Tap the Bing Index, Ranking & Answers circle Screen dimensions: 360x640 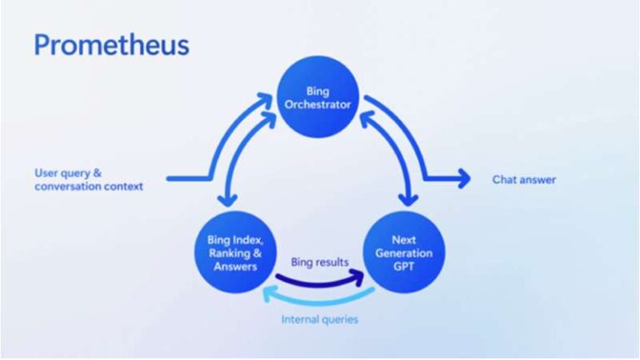(236, 252)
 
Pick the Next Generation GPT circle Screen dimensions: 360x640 (404, 252)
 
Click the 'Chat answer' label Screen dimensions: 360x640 (523, 179)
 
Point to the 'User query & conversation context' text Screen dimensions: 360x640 (88, 180)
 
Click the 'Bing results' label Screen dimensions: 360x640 (319, 262)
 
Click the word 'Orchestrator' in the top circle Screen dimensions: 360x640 (318, 105)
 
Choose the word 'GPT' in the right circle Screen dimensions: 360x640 (404, 266)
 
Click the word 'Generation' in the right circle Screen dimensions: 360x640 (404, 253)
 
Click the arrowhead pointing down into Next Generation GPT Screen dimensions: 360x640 (408, 200)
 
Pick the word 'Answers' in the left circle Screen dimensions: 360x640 (236, 266)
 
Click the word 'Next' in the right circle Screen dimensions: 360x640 (404, 240)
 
